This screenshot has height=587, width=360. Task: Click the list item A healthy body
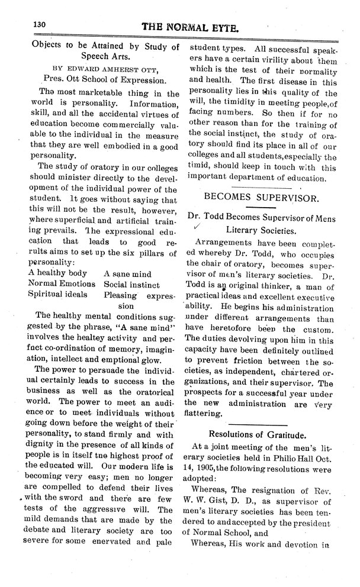click(58, 273)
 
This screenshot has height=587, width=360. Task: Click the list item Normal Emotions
click(62, 284)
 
